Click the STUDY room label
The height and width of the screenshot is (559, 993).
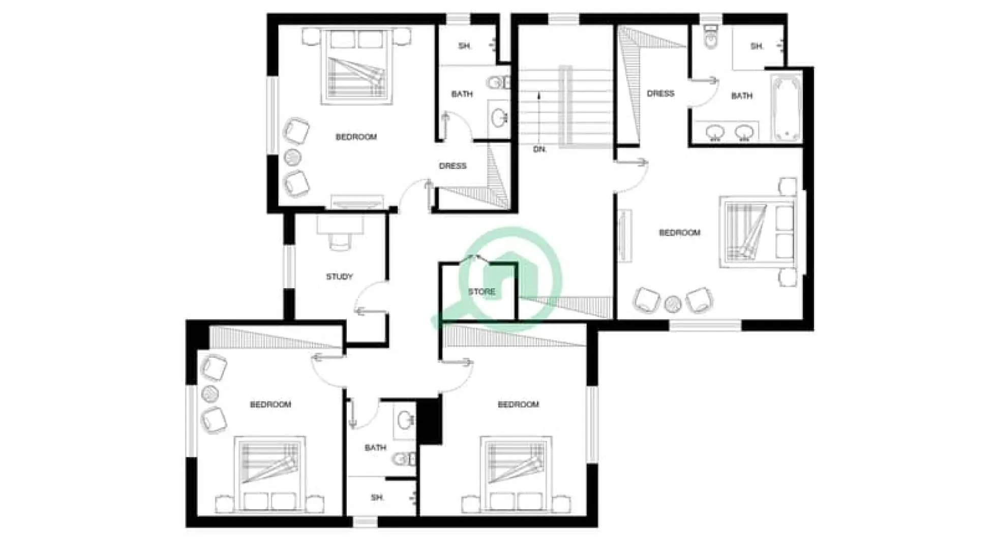point(339,276)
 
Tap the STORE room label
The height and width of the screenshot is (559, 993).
point(481,292)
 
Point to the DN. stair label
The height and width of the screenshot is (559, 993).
point(539,149)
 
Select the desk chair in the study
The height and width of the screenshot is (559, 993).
point(339,241)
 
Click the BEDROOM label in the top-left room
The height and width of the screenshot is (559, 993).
point(356,137)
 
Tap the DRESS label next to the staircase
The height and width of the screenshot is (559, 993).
point(660,94)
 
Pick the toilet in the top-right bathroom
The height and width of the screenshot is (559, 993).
point(710,36)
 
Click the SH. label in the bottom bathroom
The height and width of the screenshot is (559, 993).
point(377,498)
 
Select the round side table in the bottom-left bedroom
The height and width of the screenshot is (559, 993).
point(210,393)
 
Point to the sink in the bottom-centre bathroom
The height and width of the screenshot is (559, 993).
point(406,420)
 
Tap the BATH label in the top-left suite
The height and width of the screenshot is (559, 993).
point(462,94)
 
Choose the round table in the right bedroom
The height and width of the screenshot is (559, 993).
point(673,304)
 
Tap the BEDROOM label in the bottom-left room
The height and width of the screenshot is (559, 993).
point(270,405)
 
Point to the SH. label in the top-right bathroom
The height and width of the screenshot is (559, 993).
point(757,46)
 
